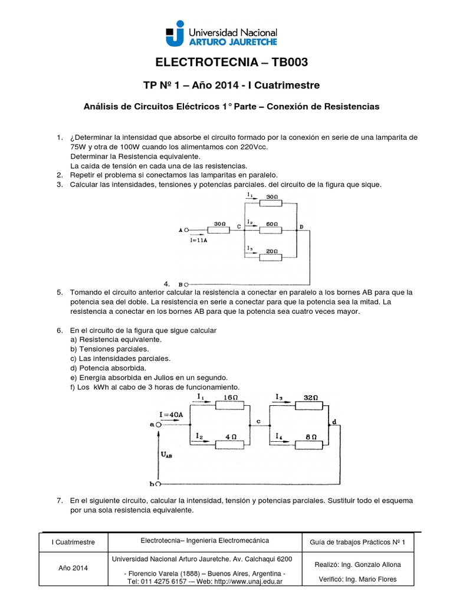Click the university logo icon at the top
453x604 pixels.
(175, 32)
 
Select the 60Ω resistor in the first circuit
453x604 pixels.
(273, 231)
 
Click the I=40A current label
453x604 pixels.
(171, 414)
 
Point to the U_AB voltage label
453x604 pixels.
(166, 455)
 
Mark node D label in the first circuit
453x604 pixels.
(302, 226)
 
